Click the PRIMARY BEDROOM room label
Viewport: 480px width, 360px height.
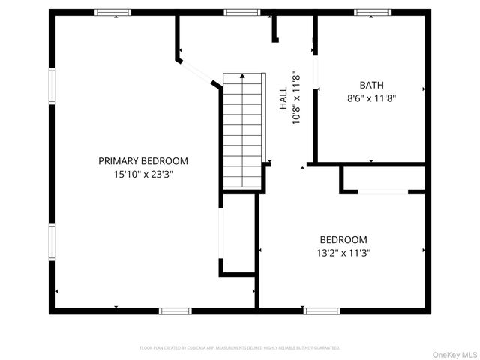[x=143, y=160]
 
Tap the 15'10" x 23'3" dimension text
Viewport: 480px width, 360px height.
[x=143, y=174]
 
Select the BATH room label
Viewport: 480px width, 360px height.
[x=371, y=85]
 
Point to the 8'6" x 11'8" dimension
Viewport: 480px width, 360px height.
[x=371, y=97]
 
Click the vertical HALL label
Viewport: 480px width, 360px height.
[x=283, y=97]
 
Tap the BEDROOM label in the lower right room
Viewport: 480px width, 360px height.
[x=345, y=239]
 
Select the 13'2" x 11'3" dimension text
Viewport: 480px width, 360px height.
[x=345, y=253]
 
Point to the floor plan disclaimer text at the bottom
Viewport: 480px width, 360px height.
[x=240, y=347]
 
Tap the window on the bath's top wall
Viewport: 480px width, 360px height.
[x=373, y=12]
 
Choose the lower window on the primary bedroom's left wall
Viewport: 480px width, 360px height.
[x=52, y=243]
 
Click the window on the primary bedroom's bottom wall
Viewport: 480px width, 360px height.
[x=175, y=310]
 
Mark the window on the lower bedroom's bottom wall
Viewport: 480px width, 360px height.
[x=321, y=310]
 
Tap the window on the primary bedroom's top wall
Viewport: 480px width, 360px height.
[x=113, y=12]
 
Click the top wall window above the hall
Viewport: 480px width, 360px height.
[x=242, y=12]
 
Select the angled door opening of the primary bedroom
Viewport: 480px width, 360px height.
[x=199, y=70]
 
